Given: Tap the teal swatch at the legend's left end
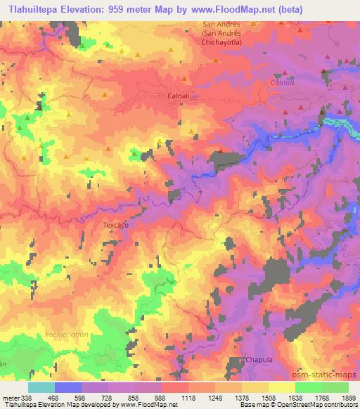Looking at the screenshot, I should point(41,387).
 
